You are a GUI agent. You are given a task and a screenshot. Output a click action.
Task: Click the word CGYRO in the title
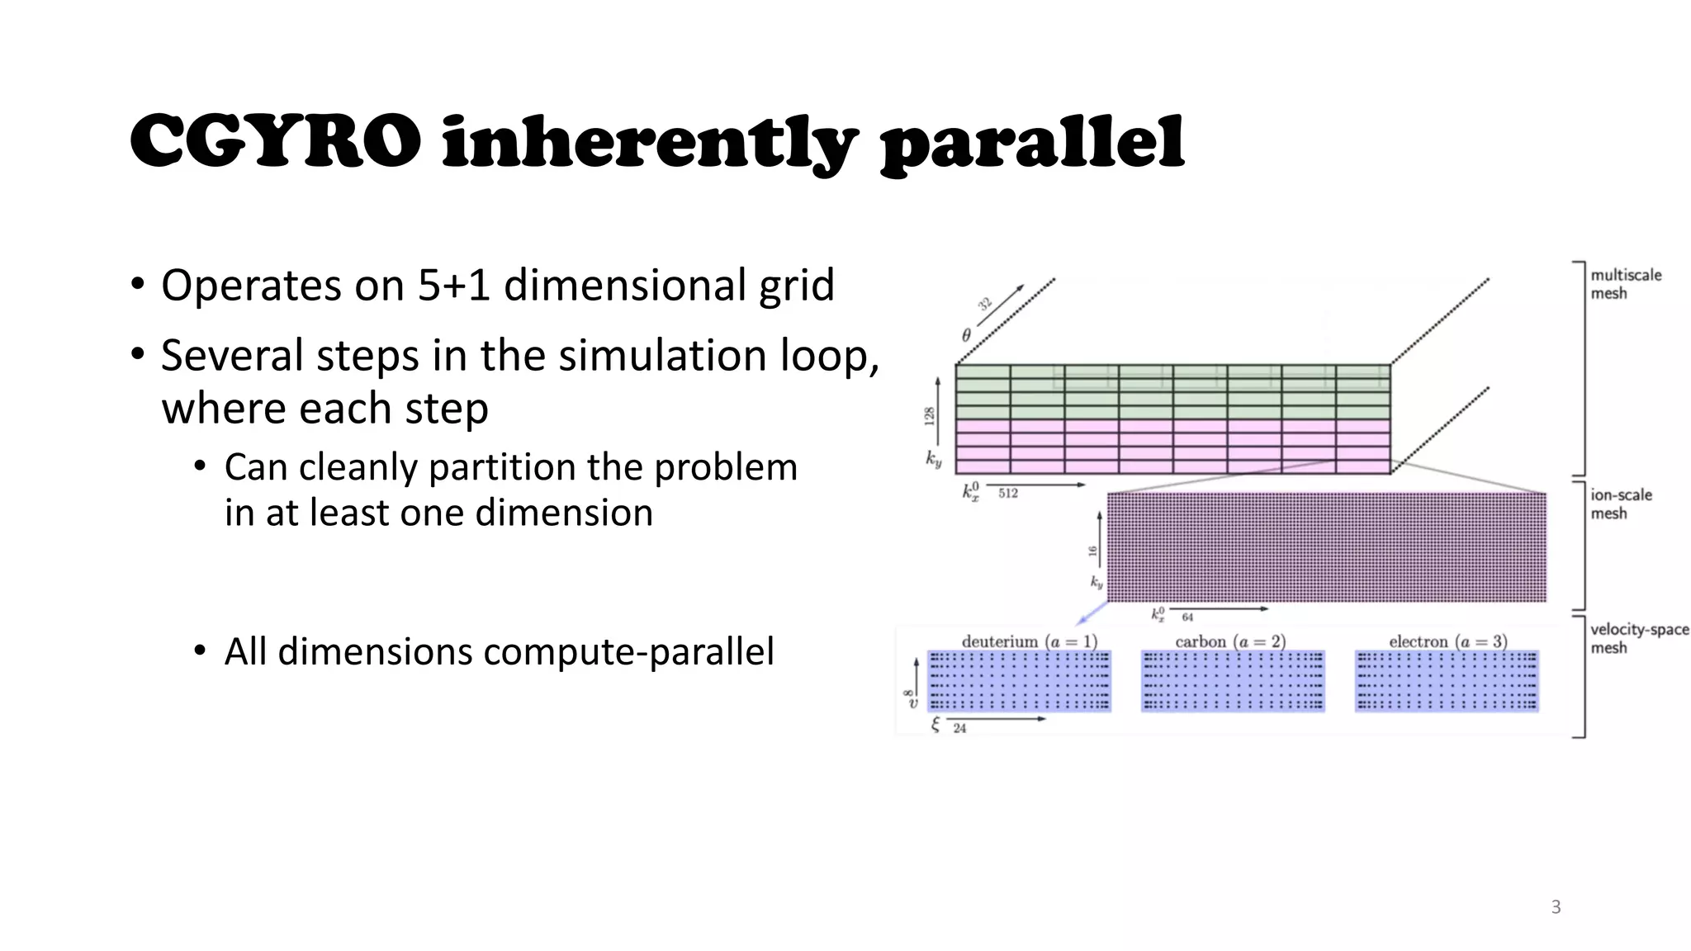[x=275, y=142]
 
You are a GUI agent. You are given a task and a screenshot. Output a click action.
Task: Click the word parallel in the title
[x=1032, y=144]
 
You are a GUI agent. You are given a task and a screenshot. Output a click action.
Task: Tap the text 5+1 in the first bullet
[x=454, y=286]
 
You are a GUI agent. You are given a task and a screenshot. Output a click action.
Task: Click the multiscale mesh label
[x=1625, y=284]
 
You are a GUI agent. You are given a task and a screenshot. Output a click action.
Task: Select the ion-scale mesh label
[x=1621, y=504]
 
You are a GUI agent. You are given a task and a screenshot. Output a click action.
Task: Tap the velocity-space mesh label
[x=1638, y=638]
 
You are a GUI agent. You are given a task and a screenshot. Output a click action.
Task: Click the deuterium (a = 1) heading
[x=1029, y=641]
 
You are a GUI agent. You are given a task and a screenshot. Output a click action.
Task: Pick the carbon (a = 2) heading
[x=1230, y=641]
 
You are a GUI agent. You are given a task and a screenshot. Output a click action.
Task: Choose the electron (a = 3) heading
[x=1447, y=641]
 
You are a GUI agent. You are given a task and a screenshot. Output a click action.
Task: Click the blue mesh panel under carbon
[x=1233, y=681]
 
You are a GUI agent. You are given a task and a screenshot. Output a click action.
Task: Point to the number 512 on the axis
[x=1007, y=494]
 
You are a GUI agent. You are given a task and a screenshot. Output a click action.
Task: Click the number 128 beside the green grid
[x=930, y=416]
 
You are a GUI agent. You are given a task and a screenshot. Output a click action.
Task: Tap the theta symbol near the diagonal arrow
[x=966, y=335]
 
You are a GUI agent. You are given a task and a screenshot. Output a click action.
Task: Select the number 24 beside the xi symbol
[x=959, y=728]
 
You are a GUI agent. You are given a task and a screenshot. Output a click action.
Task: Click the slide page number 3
[x=1556, y=907]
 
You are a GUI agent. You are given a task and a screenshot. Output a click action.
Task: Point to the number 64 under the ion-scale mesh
[x=1187, y=617]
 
